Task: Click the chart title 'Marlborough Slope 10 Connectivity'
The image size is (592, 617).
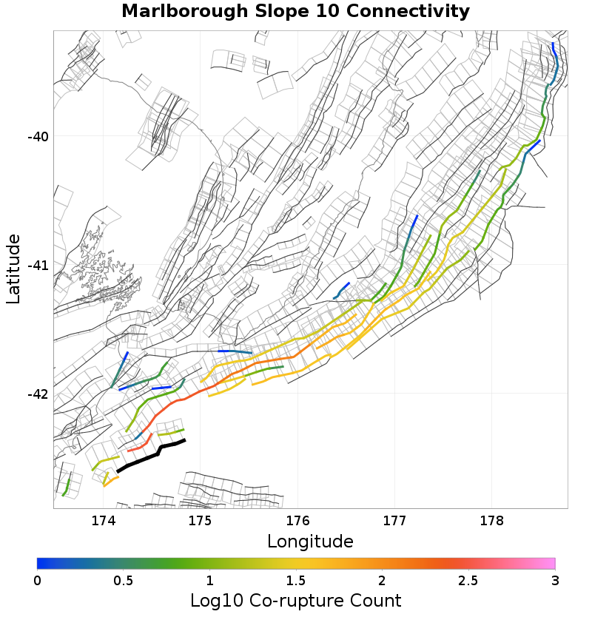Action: [295, 12]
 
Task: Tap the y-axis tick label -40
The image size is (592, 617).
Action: [38, 137]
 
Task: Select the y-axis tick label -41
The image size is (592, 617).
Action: [38, 265]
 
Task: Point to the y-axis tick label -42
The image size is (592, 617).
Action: [38, 394]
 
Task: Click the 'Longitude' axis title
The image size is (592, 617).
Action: [310, 542]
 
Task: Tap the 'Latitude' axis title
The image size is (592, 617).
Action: [13, 269]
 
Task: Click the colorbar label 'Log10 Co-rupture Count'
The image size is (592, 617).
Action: [295, 600]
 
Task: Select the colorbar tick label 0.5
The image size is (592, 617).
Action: [123, 579]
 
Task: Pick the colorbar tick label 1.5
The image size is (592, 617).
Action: [295, 579]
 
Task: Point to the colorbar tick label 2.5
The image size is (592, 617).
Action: [468, 579]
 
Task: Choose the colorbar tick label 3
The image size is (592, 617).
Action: [554, 579]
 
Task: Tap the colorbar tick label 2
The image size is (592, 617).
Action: [382, 579]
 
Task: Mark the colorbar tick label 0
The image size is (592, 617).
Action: [37, 579]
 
